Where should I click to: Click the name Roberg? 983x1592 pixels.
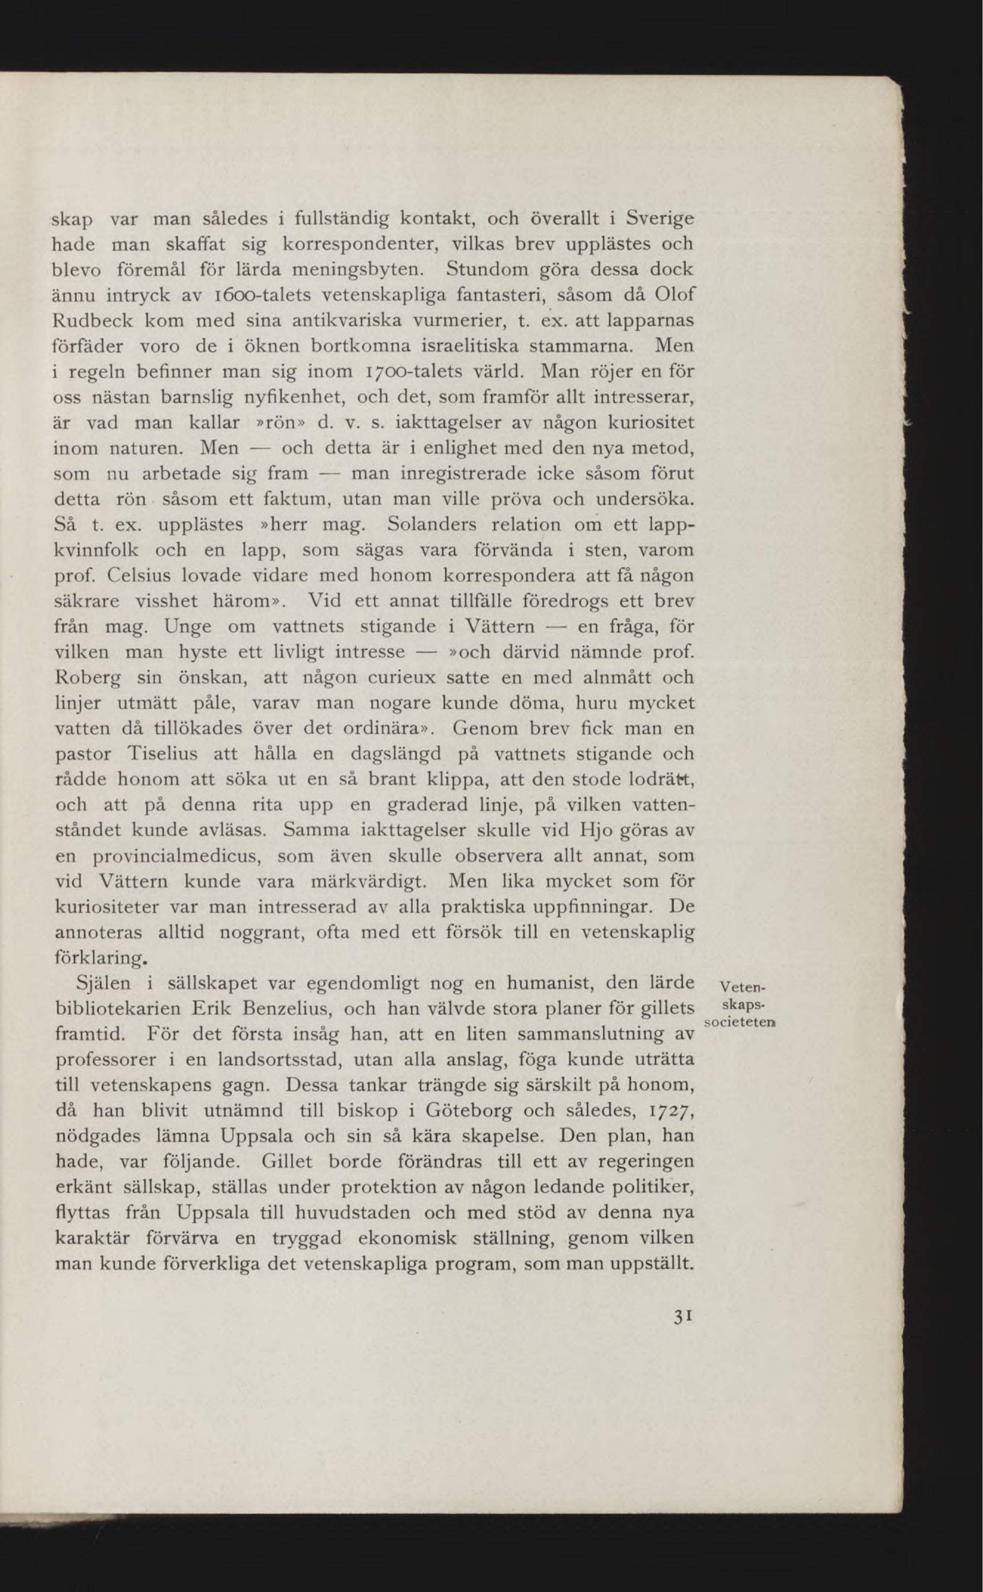tap(88, 678)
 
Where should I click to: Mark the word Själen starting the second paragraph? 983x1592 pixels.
tap(103, 984)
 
